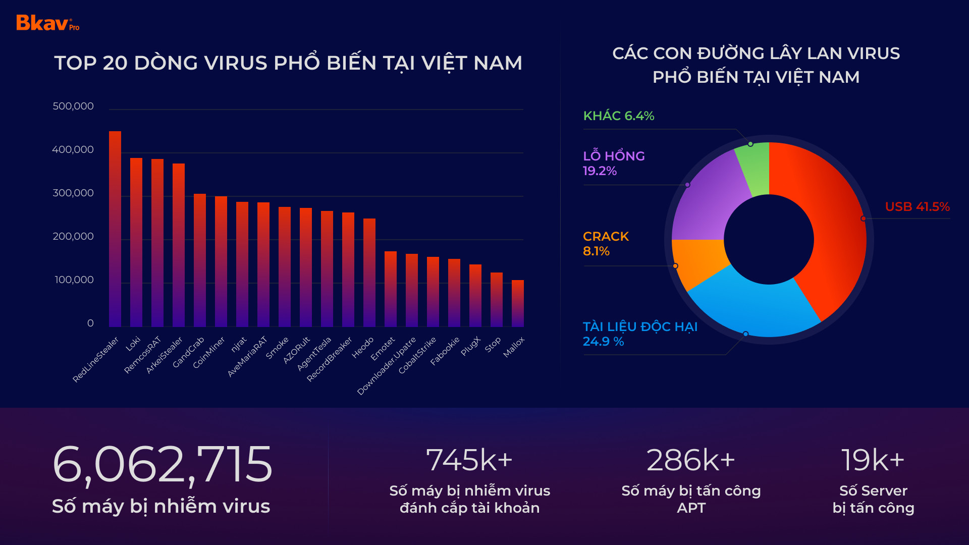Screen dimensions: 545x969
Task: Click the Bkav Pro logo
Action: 47,23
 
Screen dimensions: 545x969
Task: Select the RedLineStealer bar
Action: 115,230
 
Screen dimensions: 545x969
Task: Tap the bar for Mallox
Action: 518,304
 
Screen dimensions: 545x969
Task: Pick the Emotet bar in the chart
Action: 391,289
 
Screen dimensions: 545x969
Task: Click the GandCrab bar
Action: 200,260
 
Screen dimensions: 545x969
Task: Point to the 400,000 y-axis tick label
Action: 73,150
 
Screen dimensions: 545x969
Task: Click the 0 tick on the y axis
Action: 90,323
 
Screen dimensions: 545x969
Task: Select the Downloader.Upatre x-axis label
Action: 387,365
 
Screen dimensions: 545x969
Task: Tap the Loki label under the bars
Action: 133,343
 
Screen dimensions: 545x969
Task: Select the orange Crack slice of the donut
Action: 699,262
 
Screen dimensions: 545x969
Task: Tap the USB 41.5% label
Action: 917,207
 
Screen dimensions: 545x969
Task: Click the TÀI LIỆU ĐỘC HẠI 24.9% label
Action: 640,334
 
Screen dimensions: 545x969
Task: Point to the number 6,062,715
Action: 162,464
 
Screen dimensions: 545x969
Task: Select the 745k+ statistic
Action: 469,460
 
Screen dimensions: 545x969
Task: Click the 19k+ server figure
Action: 873,460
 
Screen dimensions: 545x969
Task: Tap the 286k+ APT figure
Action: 690,460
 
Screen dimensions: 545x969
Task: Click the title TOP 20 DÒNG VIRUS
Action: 288,63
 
